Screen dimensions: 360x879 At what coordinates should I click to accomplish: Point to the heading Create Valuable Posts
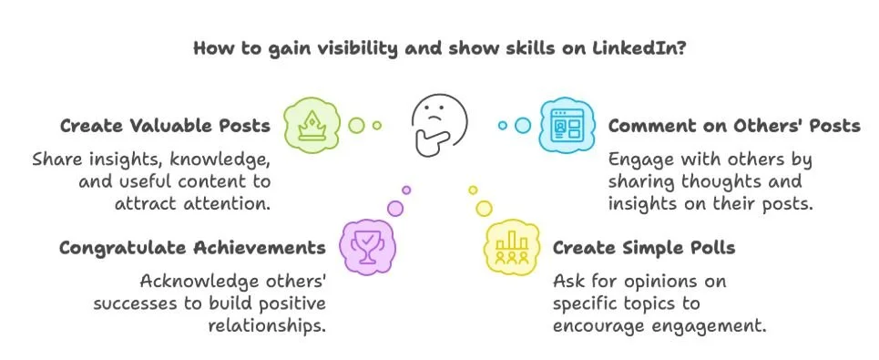pos(165,126)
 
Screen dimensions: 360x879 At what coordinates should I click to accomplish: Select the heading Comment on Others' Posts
pos(734,126)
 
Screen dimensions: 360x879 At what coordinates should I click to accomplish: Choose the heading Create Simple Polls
pos(643,248)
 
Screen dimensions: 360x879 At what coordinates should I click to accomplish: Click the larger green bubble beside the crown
pos(357,124)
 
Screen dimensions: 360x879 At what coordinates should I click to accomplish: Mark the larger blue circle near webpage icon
pos(523,125)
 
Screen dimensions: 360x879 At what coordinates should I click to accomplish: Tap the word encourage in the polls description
pos(595,324)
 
